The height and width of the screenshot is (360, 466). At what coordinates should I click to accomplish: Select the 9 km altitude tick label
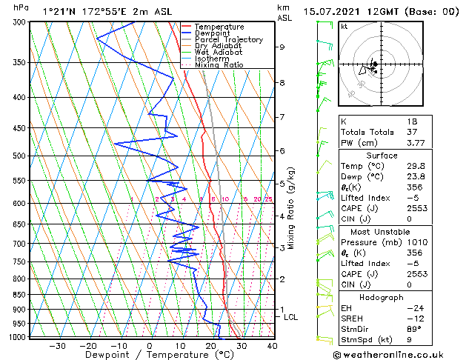(x=282, y=47)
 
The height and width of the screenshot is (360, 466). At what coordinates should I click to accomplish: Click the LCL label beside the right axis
(x=291, y=317)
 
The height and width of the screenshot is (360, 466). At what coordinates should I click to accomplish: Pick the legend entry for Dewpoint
(x=213, y=33)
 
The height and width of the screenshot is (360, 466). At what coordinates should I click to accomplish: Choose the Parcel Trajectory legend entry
(x=228, y=40)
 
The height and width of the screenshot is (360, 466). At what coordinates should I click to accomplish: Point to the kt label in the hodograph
(x=344, y=27)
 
